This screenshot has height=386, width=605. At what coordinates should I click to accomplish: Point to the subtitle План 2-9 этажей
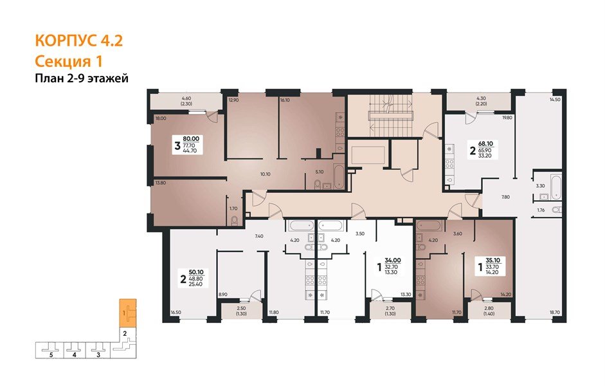(82, 78)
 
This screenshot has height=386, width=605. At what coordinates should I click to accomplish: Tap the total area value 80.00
(191, 138)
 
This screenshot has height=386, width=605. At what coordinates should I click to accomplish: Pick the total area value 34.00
(392, 261)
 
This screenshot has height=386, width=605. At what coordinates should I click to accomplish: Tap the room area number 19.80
(507, 118)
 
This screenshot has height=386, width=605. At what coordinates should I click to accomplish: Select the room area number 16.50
(176, 313)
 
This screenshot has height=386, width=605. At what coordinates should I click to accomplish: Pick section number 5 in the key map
(50, 354)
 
